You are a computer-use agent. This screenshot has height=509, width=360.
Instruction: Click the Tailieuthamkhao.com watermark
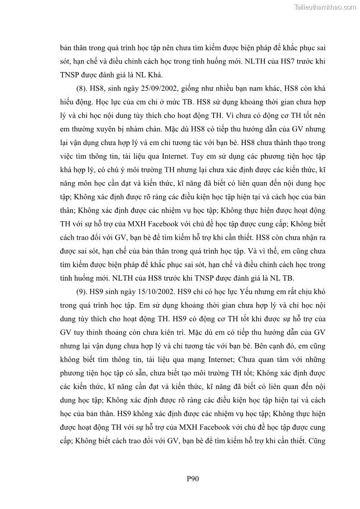325,7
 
